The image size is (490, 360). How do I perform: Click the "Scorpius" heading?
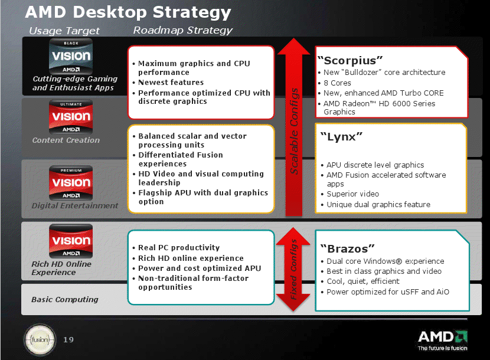pyautogui.click(x=350, y=60)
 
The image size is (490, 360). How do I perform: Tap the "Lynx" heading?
pyautogui.click(x=342, y=136)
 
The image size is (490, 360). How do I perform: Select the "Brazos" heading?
pyautogui.click(x=348, y=248)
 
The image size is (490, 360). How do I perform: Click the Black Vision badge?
pyautogui.click(x=71, y=56)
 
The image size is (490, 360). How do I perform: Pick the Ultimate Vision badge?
pyautogui.click(x=71, y=117)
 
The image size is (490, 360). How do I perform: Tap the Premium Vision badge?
pyautogui.click(x=71, y=183)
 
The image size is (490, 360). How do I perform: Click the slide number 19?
pyautogui.click(x=68, y=340)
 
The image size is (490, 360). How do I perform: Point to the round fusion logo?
pyautogui.click(x=40, y=340)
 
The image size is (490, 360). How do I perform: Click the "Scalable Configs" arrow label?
pyautogui.click(x=294, y=131)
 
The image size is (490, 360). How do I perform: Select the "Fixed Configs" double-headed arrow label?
pyautogui.click(x=293, y=269)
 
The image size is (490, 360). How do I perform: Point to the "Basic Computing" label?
pyautogui.click(x=65, y=299)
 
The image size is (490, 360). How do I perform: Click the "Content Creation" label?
pyautogui.click(x=66, y=140)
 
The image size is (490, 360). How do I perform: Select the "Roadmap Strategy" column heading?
pyautogui.click(x=183, y=30)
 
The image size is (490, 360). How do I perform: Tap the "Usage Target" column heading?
pyautogui.click(x=64, y=31)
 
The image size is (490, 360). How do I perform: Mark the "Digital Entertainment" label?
pyautogui.click(x=75, y=205)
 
